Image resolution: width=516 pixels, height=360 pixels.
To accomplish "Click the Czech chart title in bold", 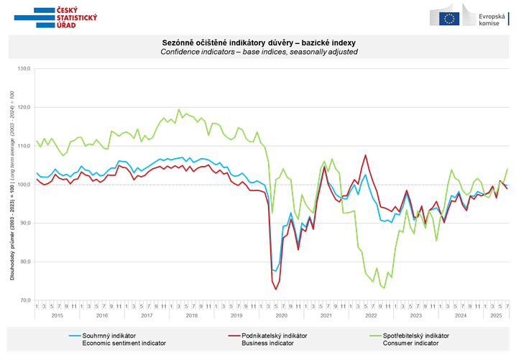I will tap(258, 43).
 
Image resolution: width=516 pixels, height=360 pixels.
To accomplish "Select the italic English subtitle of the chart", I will tap(258, 52).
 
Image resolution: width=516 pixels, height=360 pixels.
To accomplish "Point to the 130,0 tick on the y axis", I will tap(24, 69).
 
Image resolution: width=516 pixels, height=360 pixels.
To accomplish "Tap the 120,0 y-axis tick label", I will tap(24, 108).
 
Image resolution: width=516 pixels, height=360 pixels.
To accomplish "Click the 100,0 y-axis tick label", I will tap(24, 185).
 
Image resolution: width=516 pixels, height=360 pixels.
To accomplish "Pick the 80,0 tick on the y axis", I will tap(24, 262).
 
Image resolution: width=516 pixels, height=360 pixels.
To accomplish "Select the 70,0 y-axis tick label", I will tap(24, 300).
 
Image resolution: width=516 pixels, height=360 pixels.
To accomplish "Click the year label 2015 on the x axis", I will tap(57, 315).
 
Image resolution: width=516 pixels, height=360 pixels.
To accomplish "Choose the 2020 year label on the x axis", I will tap(280, 315).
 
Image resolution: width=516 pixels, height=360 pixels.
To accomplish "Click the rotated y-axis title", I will tap(11, 185).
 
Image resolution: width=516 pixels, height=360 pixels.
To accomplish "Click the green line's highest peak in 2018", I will tap(178, 110).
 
